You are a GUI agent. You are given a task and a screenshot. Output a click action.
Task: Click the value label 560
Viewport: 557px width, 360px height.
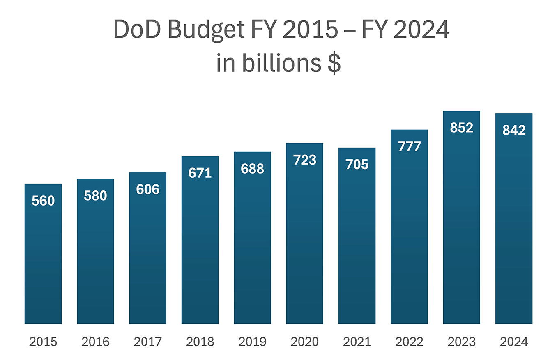pyautogui.click(x=43, y=201)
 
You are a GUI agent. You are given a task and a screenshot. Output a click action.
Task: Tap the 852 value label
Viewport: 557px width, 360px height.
pyautogui.click(x=461, y=128)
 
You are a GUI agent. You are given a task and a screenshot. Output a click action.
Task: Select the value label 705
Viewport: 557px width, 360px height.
pyautogui.click(x=357, y=165)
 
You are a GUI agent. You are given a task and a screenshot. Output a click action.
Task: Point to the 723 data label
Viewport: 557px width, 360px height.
pyautogui.click(x=304, y=160)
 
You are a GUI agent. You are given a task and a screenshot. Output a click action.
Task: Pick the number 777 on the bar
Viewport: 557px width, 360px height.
pyautogui.click(x=409, y=147)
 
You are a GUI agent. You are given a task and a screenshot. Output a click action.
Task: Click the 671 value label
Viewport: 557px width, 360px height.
pyautogui.click(x=200, y=173)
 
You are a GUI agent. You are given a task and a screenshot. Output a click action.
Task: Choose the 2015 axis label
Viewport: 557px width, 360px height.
pyautogui.click(x=43, y=342)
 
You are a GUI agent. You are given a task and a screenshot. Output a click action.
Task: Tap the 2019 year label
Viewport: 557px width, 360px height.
pyautogui.click(x=252, y=342)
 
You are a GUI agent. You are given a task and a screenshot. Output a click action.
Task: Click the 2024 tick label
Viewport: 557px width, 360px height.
pyautogui.click(x=513, y=342)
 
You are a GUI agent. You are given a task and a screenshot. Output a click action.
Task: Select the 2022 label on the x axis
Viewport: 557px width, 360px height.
pyautogui.click(x=409, y=342)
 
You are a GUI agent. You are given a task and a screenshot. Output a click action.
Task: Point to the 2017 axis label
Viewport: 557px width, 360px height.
pyautogui.click(x=147, y=342)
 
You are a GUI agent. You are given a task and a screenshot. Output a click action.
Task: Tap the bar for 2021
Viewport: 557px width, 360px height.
pyautogui.click(x=357, y=246)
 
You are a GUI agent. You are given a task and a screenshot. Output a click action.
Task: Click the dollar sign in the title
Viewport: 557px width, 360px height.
pyautogui.click(x=334, y=65)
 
